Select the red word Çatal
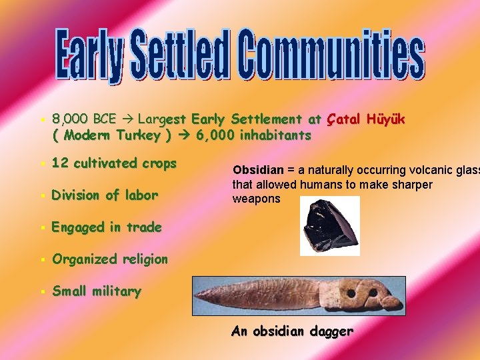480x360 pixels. (343, 119)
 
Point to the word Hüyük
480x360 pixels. (385, 119)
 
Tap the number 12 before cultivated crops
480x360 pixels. (59, 163)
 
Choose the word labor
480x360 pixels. (141, 195)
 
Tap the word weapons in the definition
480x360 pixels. (257, 199)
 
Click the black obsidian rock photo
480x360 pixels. (329, 225)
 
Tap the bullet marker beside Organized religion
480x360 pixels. (42, 259)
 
